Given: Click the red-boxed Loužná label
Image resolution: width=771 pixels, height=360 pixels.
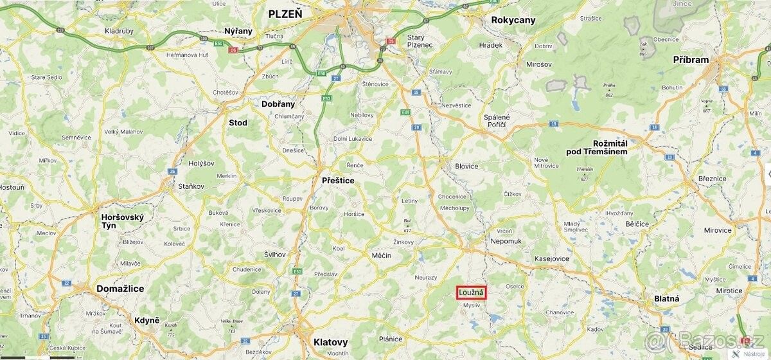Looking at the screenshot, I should (x=472, y=292).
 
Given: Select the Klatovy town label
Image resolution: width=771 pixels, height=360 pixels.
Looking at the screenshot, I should (x=330, y=342).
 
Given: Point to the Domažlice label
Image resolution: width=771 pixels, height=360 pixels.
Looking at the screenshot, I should (x=120, y=289).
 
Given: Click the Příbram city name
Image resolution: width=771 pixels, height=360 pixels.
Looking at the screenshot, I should (x=691, y=60).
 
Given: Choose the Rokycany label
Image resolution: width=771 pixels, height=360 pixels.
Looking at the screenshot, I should (x=513, y=20).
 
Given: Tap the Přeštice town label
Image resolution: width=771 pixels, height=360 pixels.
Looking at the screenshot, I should (x=338, y=181).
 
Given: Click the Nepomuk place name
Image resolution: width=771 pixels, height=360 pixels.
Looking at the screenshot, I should (x=506, y=240).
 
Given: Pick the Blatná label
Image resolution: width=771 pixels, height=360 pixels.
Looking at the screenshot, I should (x=666, y=299).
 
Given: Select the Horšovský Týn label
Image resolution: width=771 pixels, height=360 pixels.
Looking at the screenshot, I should (x=123, y=222).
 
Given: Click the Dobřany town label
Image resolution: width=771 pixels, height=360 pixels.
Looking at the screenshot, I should (x=278, y=104).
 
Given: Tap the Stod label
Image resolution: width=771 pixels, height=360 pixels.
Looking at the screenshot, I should (x=238, y=123).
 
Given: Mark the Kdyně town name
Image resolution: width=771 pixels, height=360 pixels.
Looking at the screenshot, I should (x=147, y=320).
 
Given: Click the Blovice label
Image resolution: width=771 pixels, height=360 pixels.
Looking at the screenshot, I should (x=466, y=166).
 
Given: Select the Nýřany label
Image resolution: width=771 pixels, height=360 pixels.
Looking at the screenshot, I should (x=239, y=31).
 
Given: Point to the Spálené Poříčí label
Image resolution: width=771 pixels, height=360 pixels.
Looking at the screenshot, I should (x=497, y=120).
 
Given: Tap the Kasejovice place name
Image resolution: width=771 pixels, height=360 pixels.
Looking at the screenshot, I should (x=551, y=258).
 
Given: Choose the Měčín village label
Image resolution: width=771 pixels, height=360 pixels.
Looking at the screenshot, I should (x=382, y=255).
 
